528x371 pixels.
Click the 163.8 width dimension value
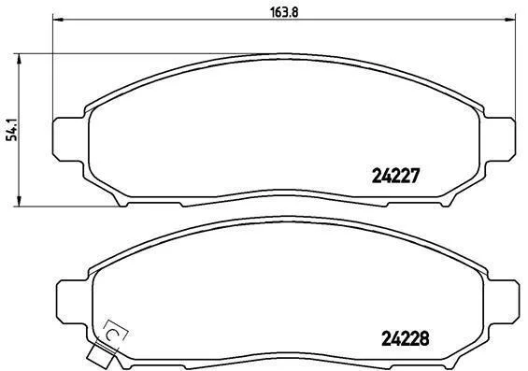pyautogui.click(x=284, y=12)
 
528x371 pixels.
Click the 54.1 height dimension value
pyautogui.click(x=12, y=130)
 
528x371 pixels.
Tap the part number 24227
pyautogui.click(x=395, y=176)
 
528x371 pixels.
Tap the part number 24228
pyautogui.click(x=405, y=338)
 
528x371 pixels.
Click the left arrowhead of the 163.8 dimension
pyautogui.click(x=58, y=20)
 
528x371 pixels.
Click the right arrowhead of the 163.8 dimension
pyautogui.click(x=510, y=20)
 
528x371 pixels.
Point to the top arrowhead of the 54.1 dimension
pyautogui.click(x=20, y=59)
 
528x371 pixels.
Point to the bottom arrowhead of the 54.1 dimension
pyautogui.click(x=20, y=201)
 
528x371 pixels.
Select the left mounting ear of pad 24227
pyautogui.click(x=68, y=139)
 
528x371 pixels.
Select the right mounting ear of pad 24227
pyautogui.click(x=499, y=139)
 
